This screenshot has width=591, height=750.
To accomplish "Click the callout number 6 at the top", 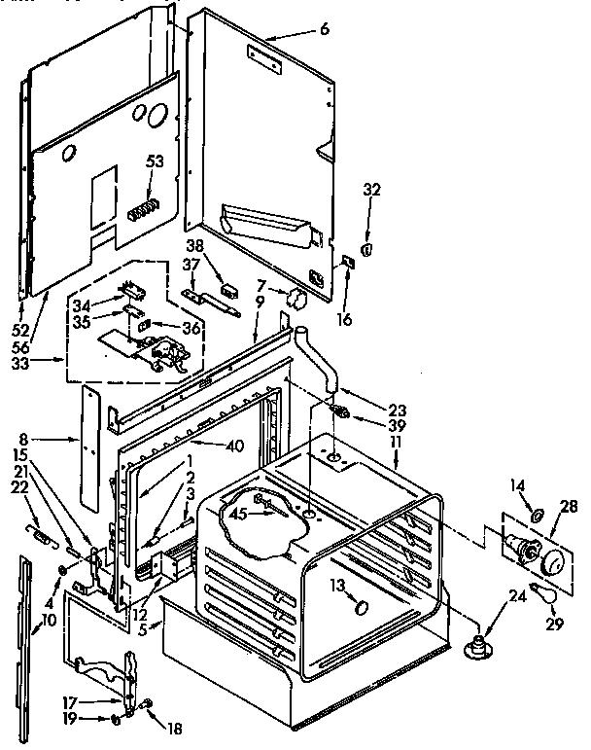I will [324, 29].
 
